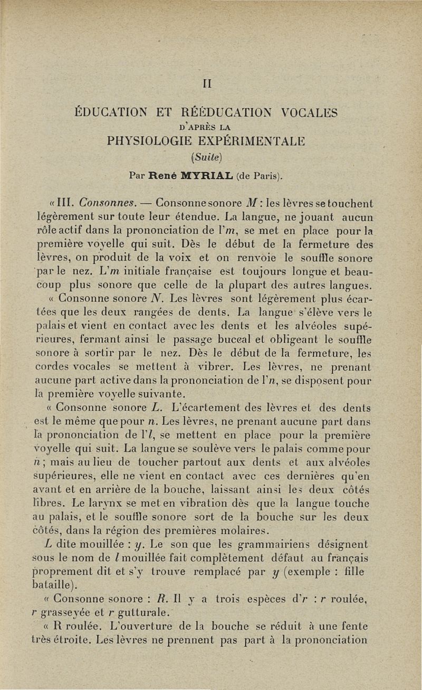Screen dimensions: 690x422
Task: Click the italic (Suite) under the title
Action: (x=210, y=157)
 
